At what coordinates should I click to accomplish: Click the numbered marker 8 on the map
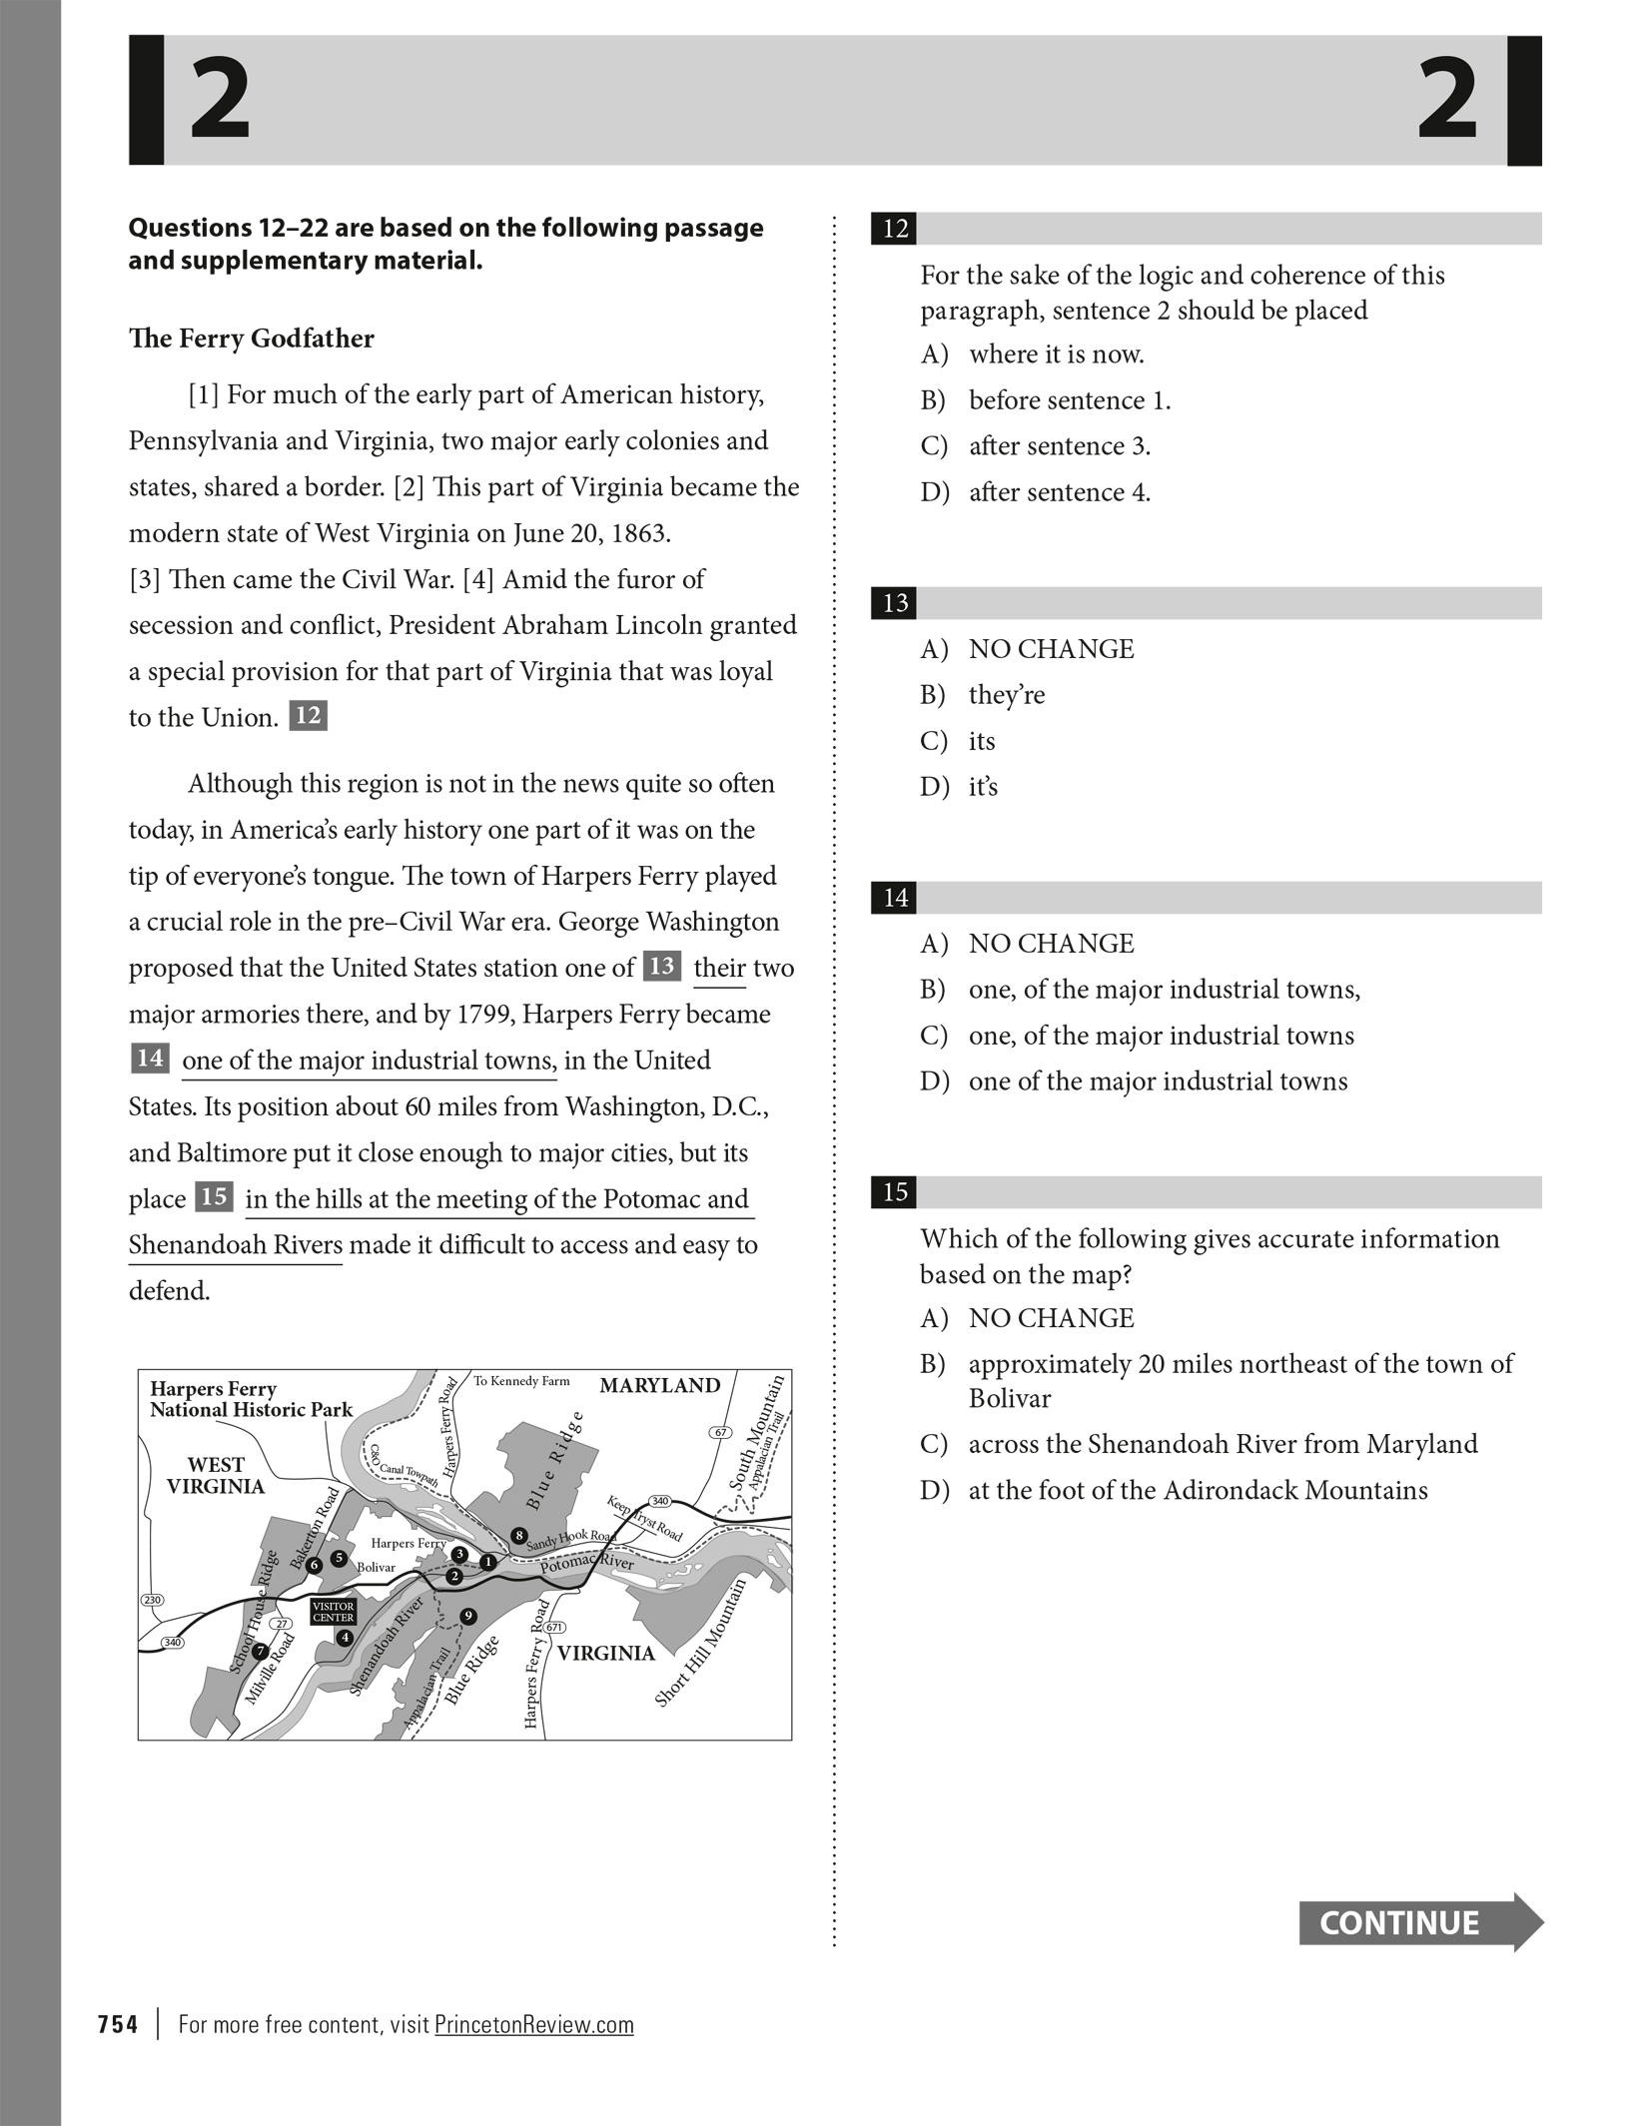click(518, 1535)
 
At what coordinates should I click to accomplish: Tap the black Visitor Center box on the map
click(333, 1612)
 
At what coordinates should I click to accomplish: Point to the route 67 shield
click(720, 1433)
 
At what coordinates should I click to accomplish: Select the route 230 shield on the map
click(152, 1600)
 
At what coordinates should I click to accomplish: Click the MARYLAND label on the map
click(659, 1385)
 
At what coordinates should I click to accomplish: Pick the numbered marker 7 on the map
click(260, 1651)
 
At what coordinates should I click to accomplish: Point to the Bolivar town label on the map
click(377, 1567)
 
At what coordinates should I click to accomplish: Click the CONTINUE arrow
click(1419, 1922)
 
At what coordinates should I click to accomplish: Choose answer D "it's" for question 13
click(983, 787)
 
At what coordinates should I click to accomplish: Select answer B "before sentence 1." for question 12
click(1069, 400)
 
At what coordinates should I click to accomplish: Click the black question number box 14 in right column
click(895, 897)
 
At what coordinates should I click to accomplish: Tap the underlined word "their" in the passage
click(719, 968)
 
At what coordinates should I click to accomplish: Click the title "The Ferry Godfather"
click(251, 339)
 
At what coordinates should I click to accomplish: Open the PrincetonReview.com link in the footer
click(534, 2024)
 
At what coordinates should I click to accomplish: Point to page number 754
click(118, 2024)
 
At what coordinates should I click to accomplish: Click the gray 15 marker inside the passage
click(214, 1196)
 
